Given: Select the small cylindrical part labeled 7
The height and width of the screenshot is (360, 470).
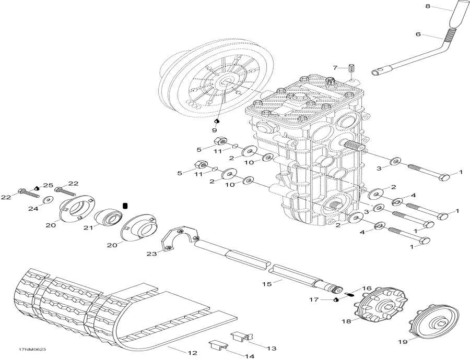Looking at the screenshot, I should [351, 69].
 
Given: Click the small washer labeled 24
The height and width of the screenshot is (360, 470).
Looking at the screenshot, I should [48, 199].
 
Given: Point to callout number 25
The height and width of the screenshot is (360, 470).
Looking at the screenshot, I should [48, 185].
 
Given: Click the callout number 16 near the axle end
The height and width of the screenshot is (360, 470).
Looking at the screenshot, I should [366, 287].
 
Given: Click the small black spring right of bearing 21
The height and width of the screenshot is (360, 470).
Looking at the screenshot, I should [125, 206].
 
